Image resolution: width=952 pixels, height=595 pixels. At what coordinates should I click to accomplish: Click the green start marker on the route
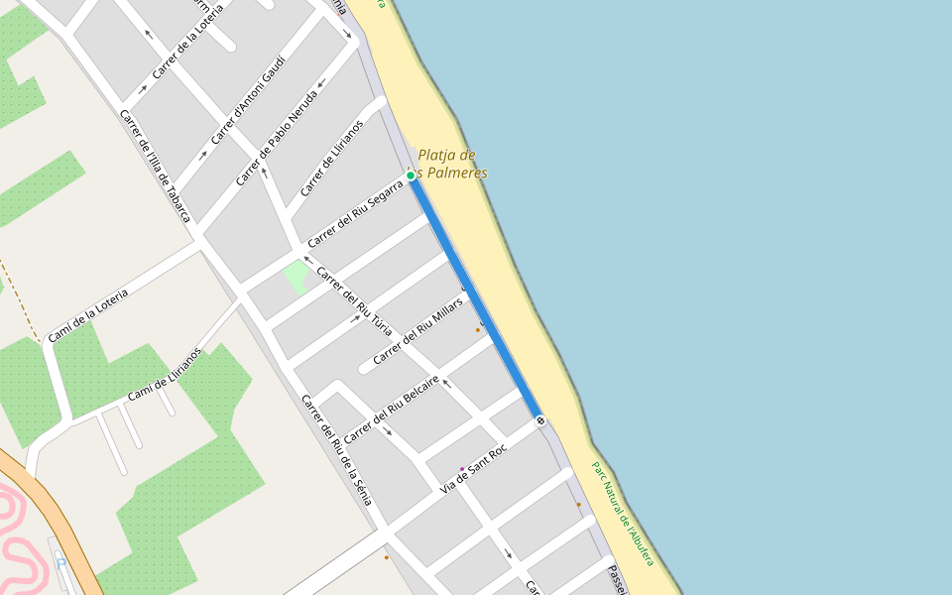coord(410,176)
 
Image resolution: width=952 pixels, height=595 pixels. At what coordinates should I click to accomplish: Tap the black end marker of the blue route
coord(540,420)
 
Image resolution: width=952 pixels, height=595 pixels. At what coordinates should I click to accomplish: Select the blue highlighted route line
coord(475,297)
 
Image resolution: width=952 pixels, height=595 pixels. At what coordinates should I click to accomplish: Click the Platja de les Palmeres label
coord(451,164)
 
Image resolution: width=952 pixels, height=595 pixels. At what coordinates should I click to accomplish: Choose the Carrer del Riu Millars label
coord(418,329)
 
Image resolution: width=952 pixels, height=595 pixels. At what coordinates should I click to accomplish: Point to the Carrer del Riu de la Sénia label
coord(336,449)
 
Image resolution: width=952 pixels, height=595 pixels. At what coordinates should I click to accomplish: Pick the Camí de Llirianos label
coord(165,374)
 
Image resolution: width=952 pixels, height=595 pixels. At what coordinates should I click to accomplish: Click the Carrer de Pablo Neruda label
coord(277,139)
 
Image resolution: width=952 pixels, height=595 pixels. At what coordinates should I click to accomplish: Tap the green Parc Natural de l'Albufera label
coord(623,514)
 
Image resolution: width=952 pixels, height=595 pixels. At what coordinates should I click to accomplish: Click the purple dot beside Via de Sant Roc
coord(461,469)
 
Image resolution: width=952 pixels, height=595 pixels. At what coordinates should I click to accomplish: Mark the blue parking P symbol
coord(60,563)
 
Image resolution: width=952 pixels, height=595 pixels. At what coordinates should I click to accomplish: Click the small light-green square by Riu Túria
coord(296,277)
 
